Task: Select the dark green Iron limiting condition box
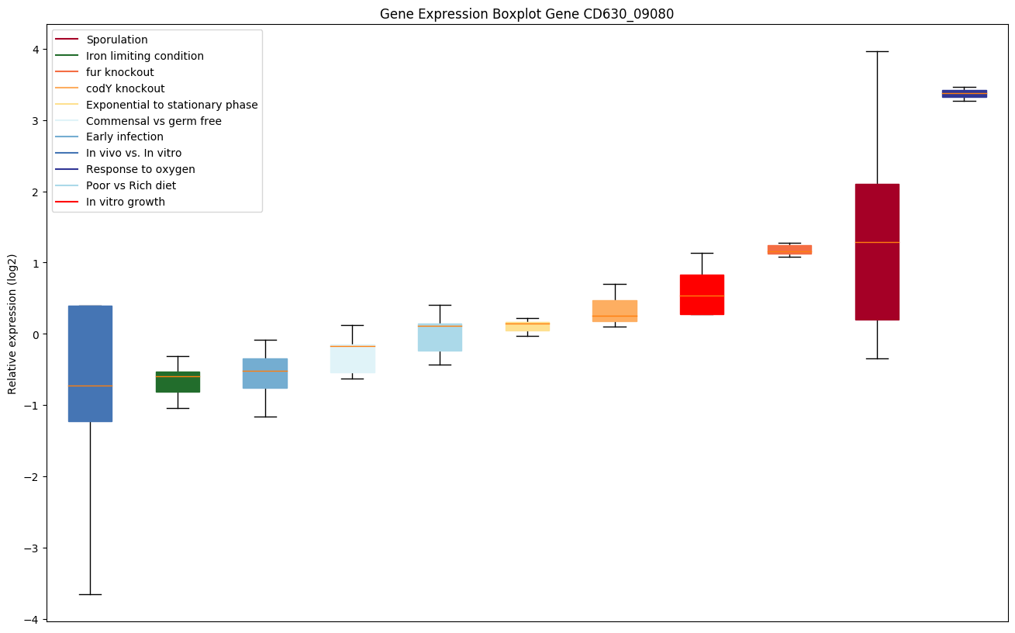[178, 382]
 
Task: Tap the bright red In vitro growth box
[702, 295]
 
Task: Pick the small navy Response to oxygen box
[964, 93]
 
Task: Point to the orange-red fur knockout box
[789, 250]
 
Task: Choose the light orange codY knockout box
[614, 310]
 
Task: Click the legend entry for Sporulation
[116, 40]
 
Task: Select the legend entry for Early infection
[124, 137]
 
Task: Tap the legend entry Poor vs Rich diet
[130, 185]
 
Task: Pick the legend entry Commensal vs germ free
[154, 121]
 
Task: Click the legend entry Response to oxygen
[140, 169]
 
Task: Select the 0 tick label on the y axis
[36, 334]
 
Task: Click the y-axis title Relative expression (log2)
[12, 323]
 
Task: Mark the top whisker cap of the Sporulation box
[876, 51]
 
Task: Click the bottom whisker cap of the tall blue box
[90, 594]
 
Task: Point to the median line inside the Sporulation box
[876, 242]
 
